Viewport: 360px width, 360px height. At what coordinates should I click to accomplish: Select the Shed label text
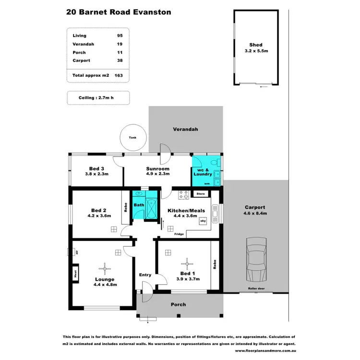pyautogui.click(x=256, y=45)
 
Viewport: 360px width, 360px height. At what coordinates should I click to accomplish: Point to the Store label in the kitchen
pyautogui.click(x=201, y=194)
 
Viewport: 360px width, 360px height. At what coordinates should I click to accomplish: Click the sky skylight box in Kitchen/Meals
pyautogui.click(x=204, y=221)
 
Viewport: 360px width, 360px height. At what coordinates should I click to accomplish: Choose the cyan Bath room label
pyautogui.click(x=139, y=205)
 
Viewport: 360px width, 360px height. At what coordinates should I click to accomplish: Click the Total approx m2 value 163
pyautogui.click(x=118, y=75)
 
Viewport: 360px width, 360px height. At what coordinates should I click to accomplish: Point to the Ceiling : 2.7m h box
pyautogui.click(x=96, y=97)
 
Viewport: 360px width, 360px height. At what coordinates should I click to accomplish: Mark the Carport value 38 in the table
pyautogui.click(x=119, y=60)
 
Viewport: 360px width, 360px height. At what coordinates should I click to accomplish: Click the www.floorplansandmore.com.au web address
pyautogui.click(x=265, y=350)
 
